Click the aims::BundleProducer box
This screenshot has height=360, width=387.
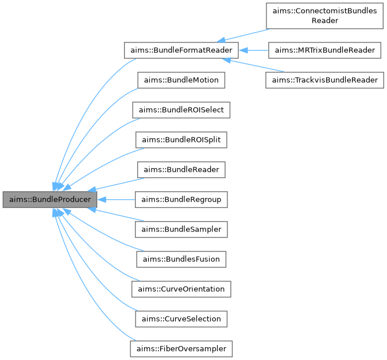pyautogui.click(x=49, y=200)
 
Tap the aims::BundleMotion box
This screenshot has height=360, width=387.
pyautogui.click(x=181, y=80)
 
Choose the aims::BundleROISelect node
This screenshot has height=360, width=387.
pyautogui.click(x=181, y=110)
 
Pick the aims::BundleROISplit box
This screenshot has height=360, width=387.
pyautogui.click(x=181, y=140)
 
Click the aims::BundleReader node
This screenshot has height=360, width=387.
pyautogui.click(x=181, y=170)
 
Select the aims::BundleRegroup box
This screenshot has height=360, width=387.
pyautogui.click(x=181, y=200)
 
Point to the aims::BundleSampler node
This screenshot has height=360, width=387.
pyautogui.click(x=181, y=230)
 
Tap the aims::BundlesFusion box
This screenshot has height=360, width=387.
pyautogui.click(x=181, y=260)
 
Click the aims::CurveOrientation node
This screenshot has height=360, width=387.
pyautogui.click(x=181, y=289)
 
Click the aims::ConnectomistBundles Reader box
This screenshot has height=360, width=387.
pyautogui.click(x=324, y=16)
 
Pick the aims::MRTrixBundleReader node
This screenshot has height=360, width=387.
pyautogui.click(x=324, y=51)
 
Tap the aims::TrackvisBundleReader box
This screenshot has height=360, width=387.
pyautogui.click(x=324, y=80)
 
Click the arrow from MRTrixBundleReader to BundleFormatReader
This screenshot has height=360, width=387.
pyautogui.click(x=253, y=51)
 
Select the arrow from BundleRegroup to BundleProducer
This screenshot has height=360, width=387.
pyautogui.click(x=115, y=200)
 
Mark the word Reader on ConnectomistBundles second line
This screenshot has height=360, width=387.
pyautogui.click(x=324, y=21)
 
